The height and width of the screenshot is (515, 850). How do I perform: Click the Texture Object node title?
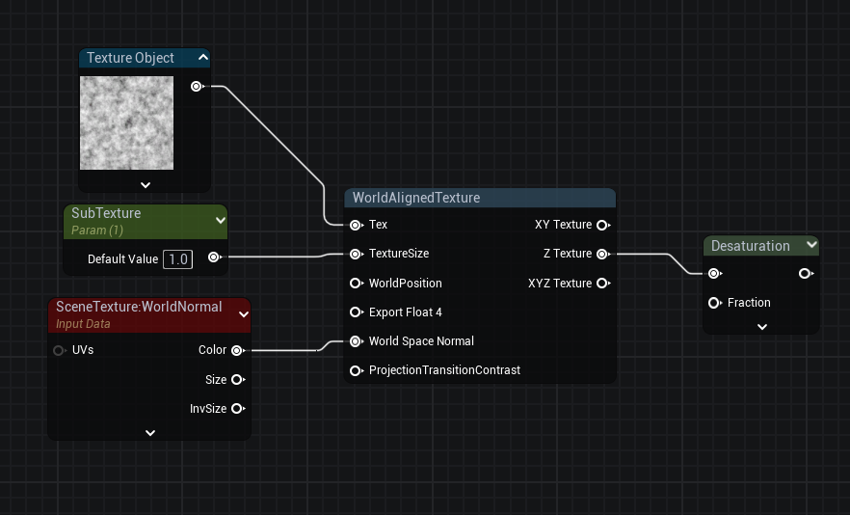(x=130, y=58)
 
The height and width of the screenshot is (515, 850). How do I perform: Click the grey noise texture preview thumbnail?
(x=126, y=122)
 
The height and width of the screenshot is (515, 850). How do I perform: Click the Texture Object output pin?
(x=197, y=86)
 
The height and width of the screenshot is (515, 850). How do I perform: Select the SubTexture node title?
(x=106, y=213)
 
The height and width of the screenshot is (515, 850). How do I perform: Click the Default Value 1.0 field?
(x=177, y=258)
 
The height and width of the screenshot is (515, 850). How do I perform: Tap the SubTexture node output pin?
(x=214, y=257)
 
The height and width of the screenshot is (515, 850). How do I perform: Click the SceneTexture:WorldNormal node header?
(x=139, y=307)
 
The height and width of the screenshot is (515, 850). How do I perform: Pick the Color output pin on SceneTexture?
(x=237, y=350)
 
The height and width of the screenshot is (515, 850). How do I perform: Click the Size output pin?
(x=237, y=380)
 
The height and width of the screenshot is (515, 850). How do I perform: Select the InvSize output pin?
(x=237, y=409)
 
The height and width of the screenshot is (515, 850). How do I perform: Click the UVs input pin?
(x=60, y=350)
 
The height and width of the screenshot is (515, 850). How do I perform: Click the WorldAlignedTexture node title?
(x=416, y=198)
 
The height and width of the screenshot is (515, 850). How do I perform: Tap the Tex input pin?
(x=356, y=225)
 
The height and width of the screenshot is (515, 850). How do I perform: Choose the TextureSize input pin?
(x=356, y=254)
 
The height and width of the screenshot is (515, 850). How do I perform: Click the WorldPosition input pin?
(x=356, y=284)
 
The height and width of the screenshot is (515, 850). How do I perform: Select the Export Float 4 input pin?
(x=356, y=312)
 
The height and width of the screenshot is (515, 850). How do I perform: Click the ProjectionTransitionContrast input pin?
(x=356, y=370)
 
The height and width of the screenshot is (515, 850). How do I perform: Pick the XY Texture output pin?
(x=602, y=225)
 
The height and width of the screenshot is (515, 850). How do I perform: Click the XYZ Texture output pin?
(x=602, y=284)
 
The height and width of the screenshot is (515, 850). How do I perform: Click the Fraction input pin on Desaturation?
(x=714, y=303)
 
